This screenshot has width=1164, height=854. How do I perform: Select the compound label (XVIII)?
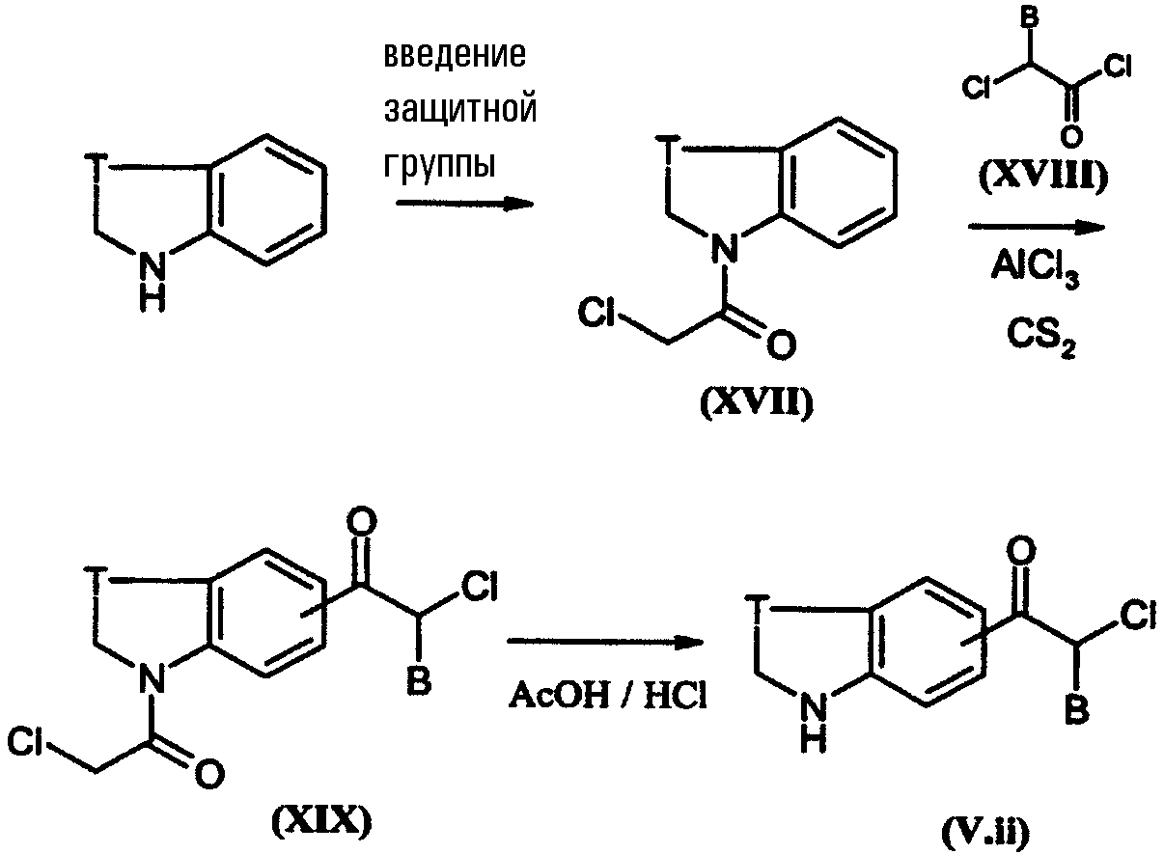[x=1043, y=176]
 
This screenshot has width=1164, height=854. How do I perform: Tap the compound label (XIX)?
[x=322, y=821]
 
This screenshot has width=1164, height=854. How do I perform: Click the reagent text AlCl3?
[x=1035, y=270]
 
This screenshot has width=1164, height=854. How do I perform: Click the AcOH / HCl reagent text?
[x=607, y=696]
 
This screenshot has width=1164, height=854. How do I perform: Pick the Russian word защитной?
[x=460, y=110]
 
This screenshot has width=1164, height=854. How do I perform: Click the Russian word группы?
[x=439, y=165]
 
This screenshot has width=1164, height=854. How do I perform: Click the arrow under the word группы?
[x=465, y=203]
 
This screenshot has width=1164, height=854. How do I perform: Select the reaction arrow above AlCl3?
[x=1037, y=227]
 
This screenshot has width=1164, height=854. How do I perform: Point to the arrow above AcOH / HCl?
[x=605, y=642]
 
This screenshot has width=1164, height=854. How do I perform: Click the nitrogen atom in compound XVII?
[x=724, y=248]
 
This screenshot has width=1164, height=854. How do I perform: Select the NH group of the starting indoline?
[x=152, y=282]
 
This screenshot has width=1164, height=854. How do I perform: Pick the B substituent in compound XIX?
[x=418, y=680]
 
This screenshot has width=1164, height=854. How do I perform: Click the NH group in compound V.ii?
[x=813, y=722]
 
